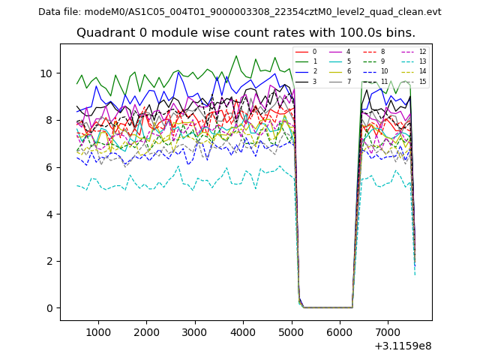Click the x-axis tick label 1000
(98, 331)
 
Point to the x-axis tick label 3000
(195, 331)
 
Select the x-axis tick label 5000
(292, 331)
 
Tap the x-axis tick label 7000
(388, 331)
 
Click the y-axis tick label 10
(46, 73)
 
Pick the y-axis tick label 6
(49, 167)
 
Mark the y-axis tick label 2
(49, 261)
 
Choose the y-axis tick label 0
(49, 308)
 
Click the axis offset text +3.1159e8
(402, 346)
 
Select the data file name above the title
(239, 12)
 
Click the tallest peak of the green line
(236, 56)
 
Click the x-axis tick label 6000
(340, 331)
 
